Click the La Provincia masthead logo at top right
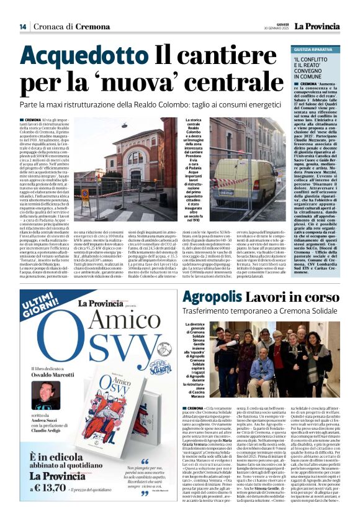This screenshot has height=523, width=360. click(x=317, y=25)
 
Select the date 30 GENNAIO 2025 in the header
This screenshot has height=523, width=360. click(x=277, y=29)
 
